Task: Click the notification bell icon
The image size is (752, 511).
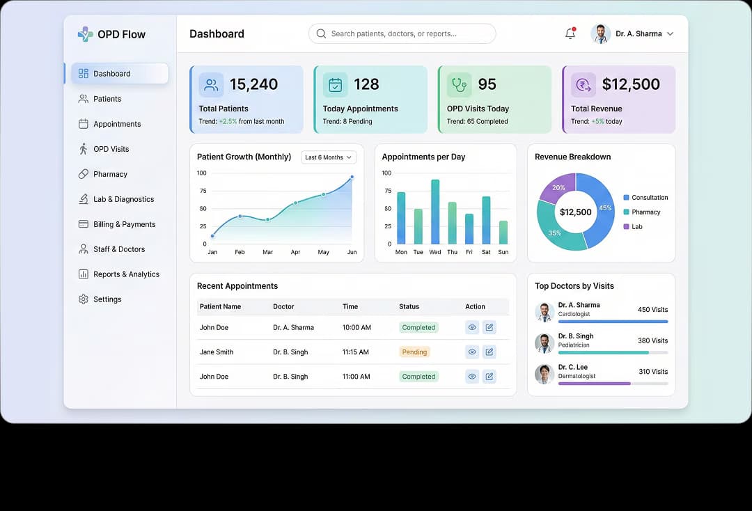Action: pos(570,33)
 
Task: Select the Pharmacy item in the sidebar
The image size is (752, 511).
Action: pos(110,174)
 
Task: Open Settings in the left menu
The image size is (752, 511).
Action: pos(107,299)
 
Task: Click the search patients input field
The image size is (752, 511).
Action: pos(402,33)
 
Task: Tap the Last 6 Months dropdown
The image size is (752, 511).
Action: pos(329,157)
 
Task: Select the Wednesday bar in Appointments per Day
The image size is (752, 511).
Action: pos(435,212)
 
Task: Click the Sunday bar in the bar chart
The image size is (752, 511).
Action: pos(503,233)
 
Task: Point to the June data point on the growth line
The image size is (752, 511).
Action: pos(352,177)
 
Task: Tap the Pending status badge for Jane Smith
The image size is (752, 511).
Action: pos(414,352)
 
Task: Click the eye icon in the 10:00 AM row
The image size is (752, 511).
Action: pos(472,327)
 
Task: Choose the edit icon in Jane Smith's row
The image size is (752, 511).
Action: pos(489,352)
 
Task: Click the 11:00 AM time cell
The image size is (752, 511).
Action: pos(356,377)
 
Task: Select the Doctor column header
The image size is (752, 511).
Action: pos(283,306)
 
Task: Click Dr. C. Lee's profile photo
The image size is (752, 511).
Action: pos(544,374)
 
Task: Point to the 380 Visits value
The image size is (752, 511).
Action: pos(652,340)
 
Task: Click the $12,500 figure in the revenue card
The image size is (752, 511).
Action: pos(631,85)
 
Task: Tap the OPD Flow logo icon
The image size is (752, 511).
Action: pos(85,34)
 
